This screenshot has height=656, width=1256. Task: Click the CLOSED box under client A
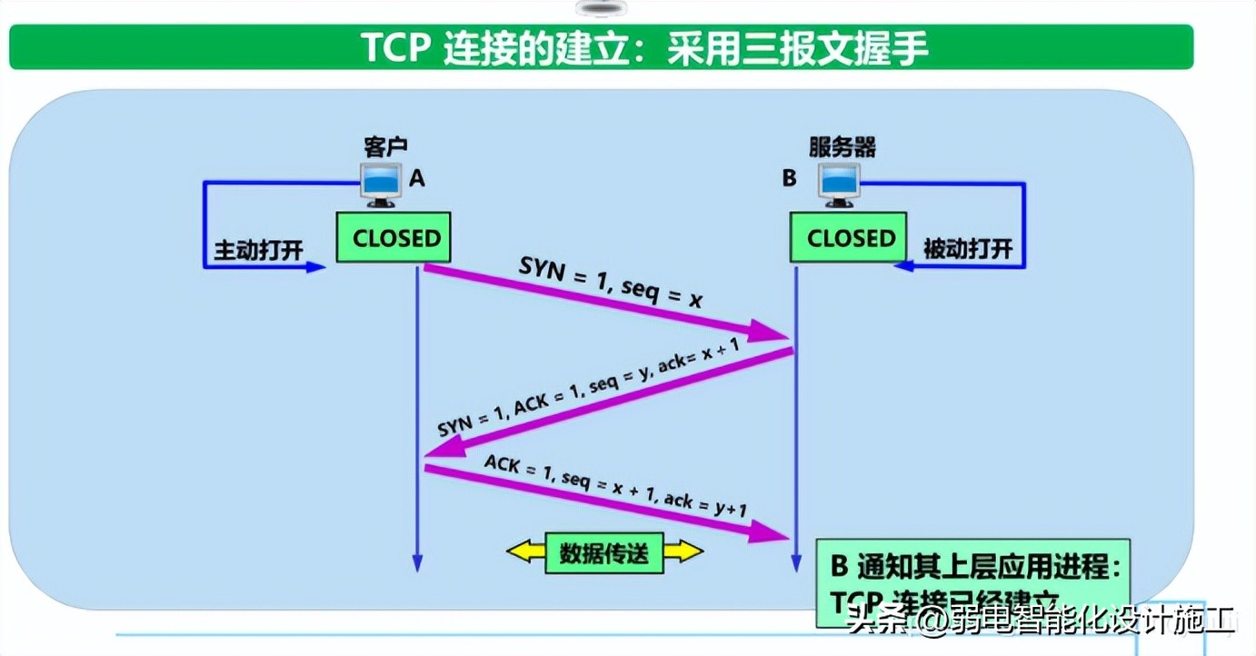[x=394, y=238]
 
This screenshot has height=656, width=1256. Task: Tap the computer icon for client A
[x=381, y=185]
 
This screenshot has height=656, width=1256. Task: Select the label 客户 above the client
[x=385, y=147]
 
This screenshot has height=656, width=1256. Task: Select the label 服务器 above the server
[x=842, y=147]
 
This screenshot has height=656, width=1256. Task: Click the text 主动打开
[x=258, y=250]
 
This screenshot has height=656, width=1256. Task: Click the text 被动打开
[x=967, y=249]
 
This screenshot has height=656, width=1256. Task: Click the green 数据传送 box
[x=604, y=552]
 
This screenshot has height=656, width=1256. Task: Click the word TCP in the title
[x=397, y=48]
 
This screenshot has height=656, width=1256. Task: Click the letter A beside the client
[x=416, y=178]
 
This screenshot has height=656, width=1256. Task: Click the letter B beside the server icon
[x=789, y=178]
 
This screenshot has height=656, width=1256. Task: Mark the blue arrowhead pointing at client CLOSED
[x=314, y=267]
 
